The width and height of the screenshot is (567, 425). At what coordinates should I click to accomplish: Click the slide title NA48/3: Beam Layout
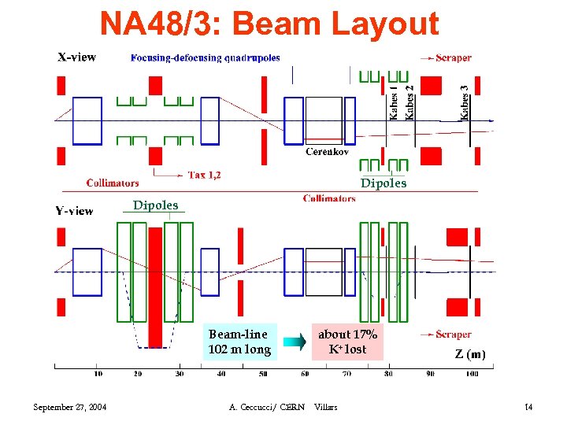tap(269, 24)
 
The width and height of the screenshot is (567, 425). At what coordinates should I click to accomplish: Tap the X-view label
tap(77, 57)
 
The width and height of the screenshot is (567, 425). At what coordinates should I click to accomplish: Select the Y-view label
tap(74, 210)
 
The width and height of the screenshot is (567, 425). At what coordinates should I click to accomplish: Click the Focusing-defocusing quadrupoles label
tap(206, 57)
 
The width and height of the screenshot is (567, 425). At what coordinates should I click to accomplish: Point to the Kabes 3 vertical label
tap(465, 102)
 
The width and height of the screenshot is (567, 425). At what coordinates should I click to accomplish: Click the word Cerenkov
tap(328, 152)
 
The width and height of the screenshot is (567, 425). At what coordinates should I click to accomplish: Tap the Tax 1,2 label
tap(204, 175)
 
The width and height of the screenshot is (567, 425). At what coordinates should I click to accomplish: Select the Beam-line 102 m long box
tap(239, 342)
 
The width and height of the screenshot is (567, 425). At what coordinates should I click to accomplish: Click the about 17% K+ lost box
tap(347, 342)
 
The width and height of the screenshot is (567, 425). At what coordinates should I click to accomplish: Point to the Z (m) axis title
tap(470, 354)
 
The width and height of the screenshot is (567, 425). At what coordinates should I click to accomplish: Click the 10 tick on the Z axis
tap(98, 373)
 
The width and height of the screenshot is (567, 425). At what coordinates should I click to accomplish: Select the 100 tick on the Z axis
tap(472, 373)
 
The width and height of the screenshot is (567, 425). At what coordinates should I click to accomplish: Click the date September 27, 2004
tap(70, 407)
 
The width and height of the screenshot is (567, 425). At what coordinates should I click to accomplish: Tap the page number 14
tap(528, 407)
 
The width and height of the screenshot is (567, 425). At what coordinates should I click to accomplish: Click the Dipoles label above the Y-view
tap(155, 205)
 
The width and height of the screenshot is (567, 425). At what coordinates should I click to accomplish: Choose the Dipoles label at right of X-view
tap(384, 183)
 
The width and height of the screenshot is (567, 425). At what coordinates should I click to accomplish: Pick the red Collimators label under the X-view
tap(113, 183)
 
